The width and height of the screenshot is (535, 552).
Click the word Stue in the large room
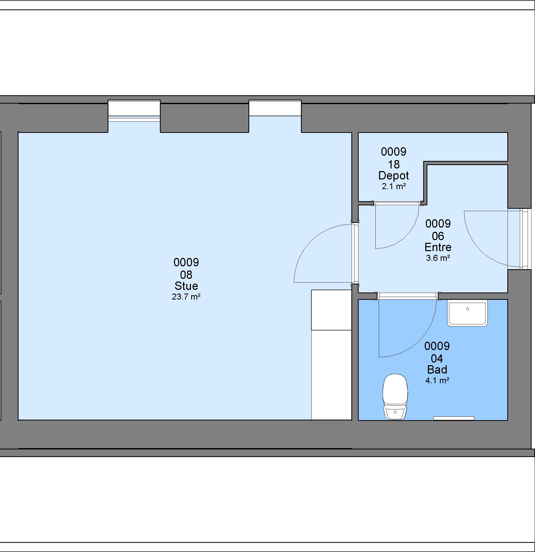click(x=186, y=286)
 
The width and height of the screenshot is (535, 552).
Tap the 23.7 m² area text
click(x=186, y=297)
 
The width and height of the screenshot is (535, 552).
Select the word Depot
click(x=393, y=176)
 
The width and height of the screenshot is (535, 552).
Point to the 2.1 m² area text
click(x=393, y=186)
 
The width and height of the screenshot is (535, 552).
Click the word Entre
click(x=438, y=247)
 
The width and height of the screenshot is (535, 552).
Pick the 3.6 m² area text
click(x=438, y=258)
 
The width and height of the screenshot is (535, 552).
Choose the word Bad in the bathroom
click(x=437, y=369)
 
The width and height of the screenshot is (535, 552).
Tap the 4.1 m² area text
click(x=437, y=380)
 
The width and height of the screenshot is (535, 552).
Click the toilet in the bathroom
click(x=395, y=397)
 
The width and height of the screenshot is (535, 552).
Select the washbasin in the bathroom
click(x=468, y=314)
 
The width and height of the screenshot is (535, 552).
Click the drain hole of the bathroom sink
click(x=468, y=309)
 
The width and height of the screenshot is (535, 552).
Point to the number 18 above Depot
click(x=393, y=164)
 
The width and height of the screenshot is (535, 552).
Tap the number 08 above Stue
click(x=186, y=275)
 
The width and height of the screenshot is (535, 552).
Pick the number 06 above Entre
click(x=438, y=236)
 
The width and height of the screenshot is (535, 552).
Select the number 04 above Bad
click(x=437, y=358)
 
